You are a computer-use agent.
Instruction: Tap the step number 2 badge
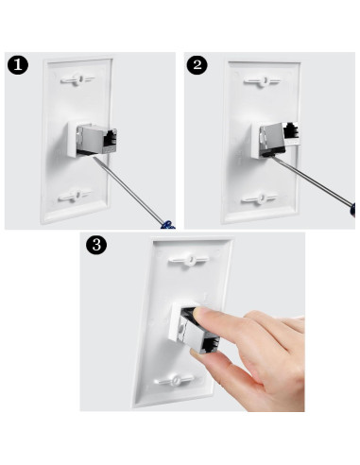click(197, 65)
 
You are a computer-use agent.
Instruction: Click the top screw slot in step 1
click(78, 80)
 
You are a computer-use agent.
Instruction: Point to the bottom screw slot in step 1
click(79, 198)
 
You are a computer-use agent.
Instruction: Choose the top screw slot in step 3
click(191, 257)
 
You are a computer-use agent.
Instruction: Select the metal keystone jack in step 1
click(93, 140)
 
